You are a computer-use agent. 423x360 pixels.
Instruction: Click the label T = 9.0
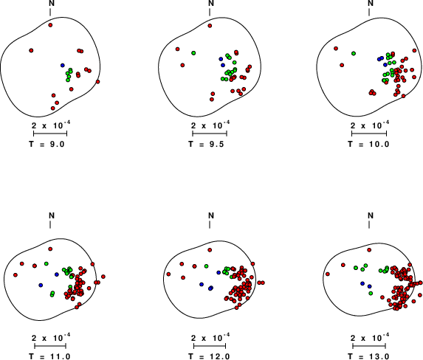tap(47, 144)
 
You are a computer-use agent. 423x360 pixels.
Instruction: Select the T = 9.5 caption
tap(206, 144)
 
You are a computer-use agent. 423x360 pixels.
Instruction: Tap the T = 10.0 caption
tap(368, 144)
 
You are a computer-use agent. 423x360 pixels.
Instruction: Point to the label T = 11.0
tap(50, 356)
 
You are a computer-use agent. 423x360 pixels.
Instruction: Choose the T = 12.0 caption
tap(209, 356)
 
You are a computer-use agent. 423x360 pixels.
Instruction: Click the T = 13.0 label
tap(368, 356)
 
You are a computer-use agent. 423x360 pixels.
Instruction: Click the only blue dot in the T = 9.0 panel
tap(63, 65)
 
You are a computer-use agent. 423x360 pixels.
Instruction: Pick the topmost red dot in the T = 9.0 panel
tap(50, 25)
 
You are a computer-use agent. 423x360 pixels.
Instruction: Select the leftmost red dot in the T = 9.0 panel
tap(31, 50)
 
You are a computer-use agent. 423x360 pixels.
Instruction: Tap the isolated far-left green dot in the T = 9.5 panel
tap(193, 53)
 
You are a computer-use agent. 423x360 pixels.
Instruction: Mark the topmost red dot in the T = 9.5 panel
tap(210, 26)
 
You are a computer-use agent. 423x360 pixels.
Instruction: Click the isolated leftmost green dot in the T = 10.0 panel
tap(354, 53)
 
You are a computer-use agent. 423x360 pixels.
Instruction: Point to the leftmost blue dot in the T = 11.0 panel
tap(41, 285)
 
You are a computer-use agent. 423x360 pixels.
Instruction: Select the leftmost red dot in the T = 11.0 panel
tap(16, 275)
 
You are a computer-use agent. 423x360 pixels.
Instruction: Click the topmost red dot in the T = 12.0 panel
tap(210, 250)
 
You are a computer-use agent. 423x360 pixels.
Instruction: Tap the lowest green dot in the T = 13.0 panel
tap(371, 293)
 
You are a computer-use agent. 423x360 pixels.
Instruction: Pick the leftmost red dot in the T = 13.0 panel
tap(328, 274)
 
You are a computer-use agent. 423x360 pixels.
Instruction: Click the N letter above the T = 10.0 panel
tap(371, 3)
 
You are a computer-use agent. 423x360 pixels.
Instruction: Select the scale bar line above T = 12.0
tap(210, 346)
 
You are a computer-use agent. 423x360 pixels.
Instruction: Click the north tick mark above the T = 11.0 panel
tap(50, 224)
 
